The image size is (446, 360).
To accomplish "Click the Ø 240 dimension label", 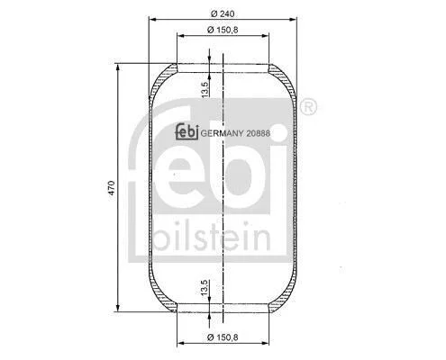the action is point(223,13).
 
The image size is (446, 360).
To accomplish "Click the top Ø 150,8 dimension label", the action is point(223,30).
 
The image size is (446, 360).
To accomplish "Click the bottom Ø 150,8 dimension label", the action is point(223,337).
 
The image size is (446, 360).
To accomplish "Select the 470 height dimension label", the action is point(112,188).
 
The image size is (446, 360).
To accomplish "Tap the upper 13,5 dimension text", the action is point(205,89).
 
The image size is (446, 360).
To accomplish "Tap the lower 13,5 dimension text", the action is point(205,288).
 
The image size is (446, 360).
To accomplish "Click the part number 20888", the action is point(258,133).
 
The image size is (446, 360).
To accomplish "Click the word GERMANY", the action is point(222,133).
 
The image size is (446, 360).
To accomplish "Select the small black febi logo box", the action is point(187,132).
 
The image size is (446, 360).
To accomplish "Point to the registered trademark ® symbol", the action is point(308,107).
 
